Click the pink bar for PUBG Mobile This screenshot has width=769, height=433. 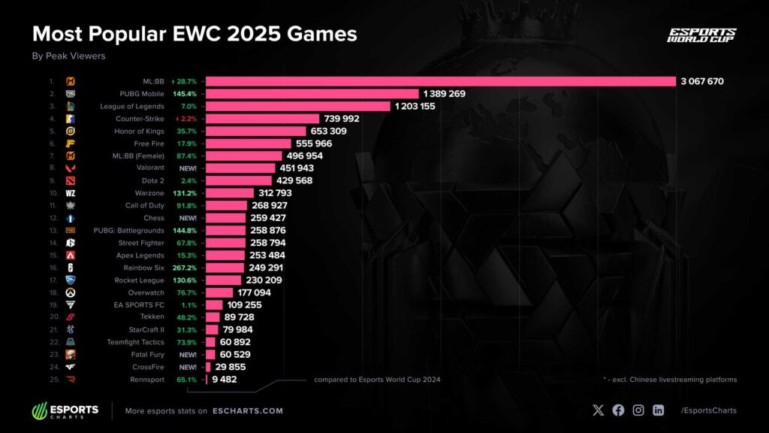pyautogui.click(x=312, y=94)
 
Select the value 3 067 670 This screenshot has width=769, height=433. pyautogui.click(x=702, y=81)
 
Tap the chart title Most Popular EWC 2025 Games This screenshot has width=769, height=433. pyautogui.click(x=194, y=34)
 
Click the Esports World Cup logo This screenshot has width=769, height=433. pyautogui.click(x=701, y=35)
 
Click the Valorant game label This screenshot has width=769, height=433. pyautogui.click(x=149, y=168)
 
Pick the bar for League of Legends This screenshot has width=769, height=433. pyautogui.click(x=298, y=106)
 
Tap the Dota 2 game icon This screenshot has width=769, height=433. pyautogui.click(x=70, y=180)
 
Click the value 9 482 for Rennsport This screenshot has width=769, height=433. pyautogui.click(x=225, y=380)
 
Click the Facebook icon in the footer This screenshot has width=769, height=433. pyautogui.click(x=618, y=410)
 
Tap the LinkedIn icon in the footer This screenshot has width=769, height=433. pyautogui.click(x=658, y=410)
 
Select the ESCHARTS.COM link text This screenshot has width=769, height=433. pyautogui.click(x=248, y=411)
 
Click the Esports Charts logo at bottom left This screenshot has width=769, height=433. pyautogui.click(x=65, y=410)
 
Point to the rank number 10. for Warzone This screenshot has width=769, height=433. pyautogui.click(x=51, y=193)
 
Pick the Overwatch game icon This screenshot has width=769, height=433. pyautogui.click(x=70, y=292)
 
